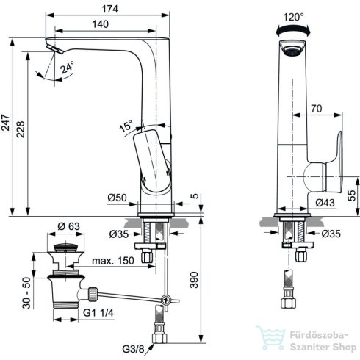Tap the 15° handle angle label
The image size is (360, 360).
click(126, 126)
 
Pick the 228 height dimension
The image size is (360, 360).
click(22, 127)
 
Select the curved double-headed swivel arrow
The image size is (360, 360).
click(291, 26)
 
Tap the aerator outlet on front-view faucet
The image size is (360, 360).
click(291, 51)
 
